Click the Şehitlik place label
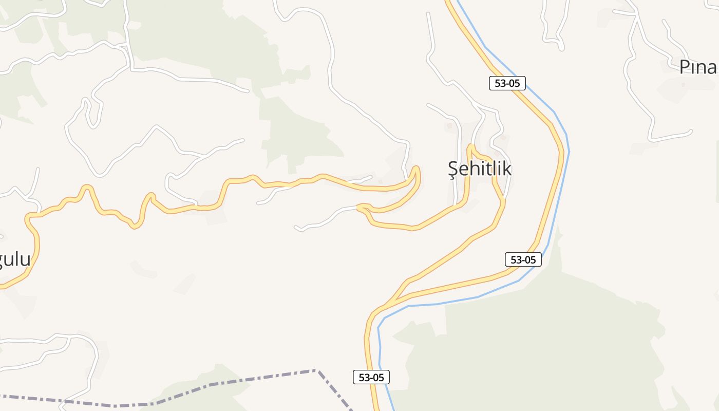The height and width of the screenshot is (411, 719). (x=480, y=169)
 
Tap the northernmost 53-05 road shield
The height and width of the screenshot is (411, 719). (x=507, y=83)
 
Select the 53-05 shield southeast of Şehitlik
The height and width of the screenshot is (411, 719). (x=523, y=260)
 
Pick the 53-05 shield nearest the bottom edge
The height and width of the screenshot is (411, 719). (x=371, y=377)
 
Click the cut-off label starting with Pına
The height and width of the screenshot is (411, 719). (x=698, y=67)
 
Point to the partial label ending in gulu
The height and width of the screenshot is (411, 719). (x=15, y=259)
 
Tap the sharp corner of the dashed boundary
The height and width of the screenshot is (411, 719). (x=316, y=370)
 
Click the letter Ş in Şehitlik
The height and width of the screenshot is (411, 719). (x=452, y=169)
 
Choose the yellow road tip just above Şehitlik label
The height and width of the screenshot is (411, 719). (x=469, y=148)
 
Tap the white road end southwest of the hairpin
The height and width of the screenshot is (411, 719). (x=297, y=228)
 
